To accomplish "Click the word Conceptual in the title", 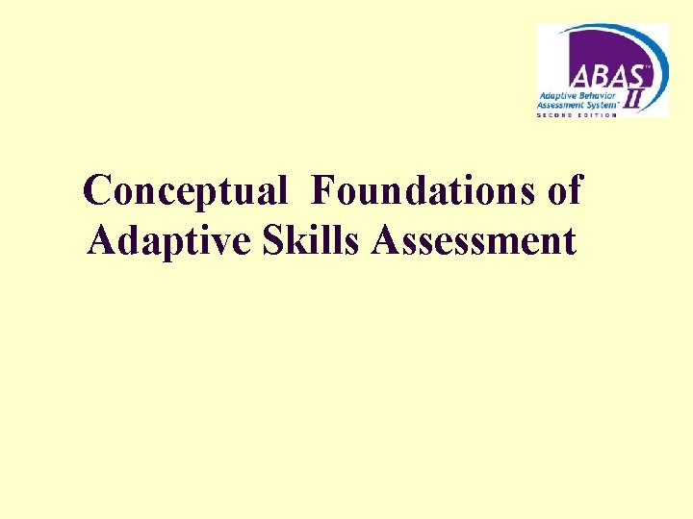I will tap(185, 191).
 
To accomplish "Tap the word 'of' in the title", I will tap(563, 191).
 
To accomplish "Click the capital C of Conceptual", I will tap(97, 191).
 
